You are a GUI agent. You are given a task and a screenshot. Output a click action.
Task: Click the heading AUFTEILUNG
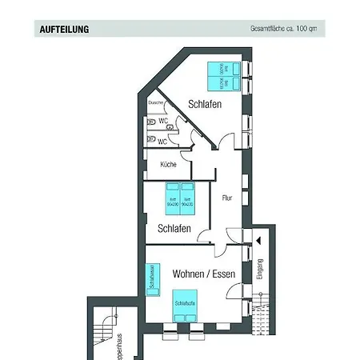pos(64,30)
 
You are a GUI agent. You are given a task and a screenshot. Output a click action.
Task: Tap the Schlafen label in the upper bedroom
pos(205,104)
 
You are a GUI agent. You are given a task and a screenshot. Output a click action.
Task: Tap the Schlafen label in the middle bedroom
pos(174,227)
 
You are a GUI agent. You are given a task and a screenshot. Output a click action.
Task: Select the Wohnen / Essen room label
pos(204,274)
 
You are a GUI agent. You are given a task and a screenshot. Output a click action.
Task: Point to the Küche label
pos(168,164)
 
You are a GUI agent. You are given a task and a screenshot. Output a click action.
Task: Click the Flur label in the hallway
pos(227,197)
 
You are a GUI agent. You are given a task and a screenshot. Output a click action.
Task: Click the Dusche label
pos(156,103)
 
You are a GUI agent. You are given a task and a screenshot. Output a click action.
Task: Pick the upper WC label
pos(162,122)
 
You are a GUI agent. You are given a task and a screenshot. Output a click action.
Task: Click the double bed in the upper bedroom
pos(220,75)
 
